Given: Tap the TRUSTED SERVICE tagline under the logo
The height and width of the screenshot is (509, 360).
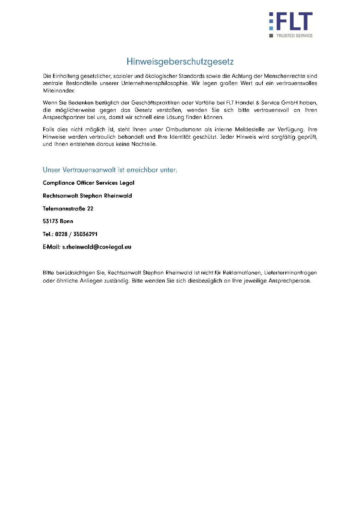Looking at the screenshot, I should pyautogui.click(x=294, y=36).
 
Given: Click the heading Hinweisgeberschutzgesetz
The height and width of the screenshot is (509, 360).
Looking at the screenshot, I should pyautogui.click(x=180, y=62).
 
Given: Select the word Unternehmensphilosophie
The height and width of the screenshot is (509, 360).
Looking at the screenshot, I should pyautogui.click(x=154, y=83).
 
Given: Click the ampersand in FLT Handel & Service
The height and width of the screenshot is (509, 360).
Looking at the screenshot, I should pyautogui.click(x=258, y=103).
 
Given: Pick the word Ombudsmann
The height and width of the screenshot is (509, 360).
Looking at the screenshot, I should pyautogui.click(x=183, y=130).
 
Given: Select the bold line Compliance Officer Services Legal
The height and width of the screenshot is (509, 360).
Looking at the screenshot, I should pyautogui.click(x=88, y=183).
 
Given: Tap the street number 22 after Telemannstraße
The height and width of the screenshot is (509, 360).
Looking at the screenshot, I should pyautogui.click(x=90, y=209).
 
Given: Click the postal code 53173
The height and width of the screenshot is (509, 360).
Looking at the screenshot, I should pyautogui.click(x=50, y=221).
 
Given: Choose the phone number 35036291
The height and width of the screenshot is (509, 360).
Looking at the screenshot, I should pyautogui.click(x=85, y=234).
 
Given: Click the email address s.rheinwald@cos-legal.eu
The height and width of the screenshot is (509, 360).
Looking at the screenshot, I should pyautogui.click(x=97, y=247).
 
